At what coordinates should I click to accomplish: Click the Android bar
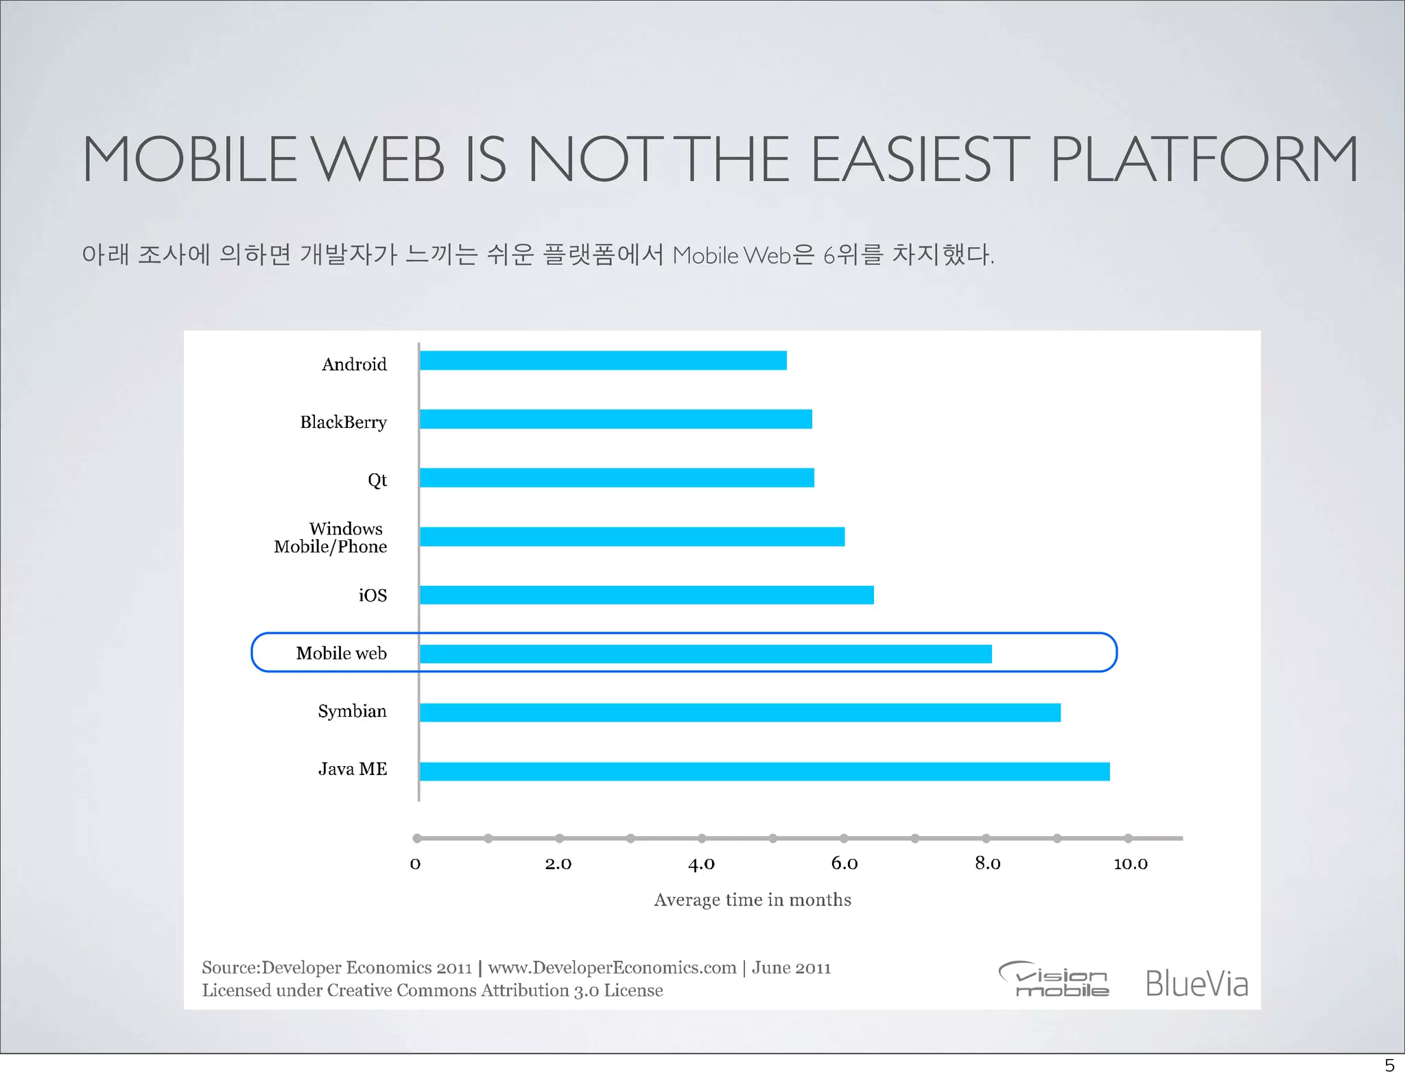pyautogui.click(x=602, y=360)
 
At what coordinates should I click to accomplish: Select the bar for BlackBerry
pyautogui.click(x=615, y=419)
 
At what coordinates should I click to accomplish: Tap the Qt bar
pyautogui.click(x=616, y=477)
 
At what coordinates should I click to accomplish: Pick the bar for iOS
pyautogui.click(x=646, y=595)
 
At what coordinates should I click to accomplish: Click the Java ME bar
pyautogui.click(x=764, y=771)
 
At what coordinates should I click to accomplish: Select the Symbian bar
pyautogui.click(x=740, y=713)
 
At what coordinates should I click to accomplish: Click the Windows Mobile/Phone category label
pyautogui.click(x=331, y=537)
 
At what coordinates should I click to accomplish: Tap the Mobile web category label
pyautogui.click(x=341, y=653)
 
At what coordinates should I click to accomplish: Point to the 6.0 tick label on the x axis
pyautogui.click(x=844, y=864)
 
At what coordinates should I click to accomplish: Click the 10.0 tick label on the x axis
pyautogui.click(x=1130, y=864)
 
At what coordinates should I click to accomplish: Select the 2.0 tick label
pyautogui.click(x=558, y=864)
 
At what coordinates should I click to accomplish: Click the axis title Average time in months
pyautogui.click(x=752, y=899)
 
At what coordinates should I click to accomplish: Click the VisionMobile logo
pyautogui.click(x=1054, y=979)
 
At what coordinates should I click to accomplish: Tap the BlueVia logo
pyautogui.click(x=1196, y=984)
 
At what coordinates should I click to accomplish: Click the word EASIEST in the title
pyautogui.click(x=921, y=160)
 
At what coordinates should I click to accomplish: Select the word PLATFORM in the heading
pyautogui.click(x=1204, y=160)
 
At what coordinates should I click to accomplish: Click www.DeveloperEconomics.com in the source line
pyautogui.click(x=612, y=967)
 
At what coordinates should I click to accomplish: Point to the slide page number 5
pyautogui.click(x=1389, y=1065)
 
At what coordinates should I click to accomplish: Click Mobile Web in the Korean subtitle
pyautogui.click(x=731, y=256)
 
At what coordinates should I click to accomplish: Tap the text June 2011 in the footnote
pyautogui.click(x=791, y=967)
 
